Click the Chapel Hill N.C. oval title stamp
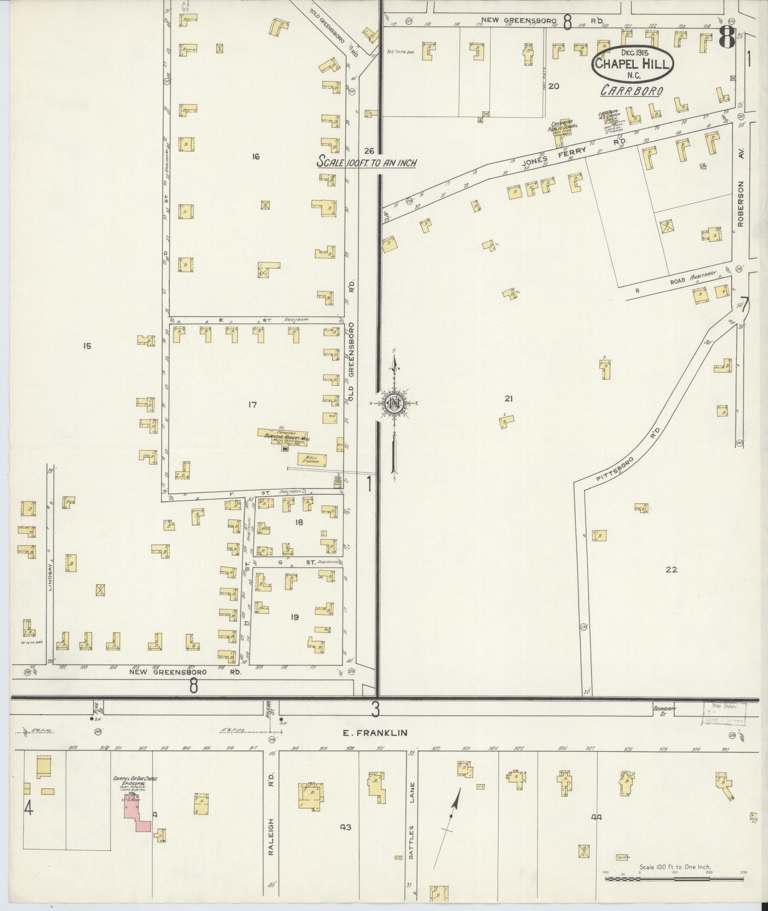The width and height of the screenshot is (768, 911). tap(633, 63)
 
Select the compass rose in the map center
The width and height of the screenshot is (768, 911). tap(394, 404)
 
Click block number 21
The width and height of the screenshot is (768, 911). tap(508, 399)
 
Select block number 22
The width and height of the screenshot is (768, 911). tap(671, 569)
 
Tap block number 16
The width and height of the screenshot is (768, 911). tap(256, 157)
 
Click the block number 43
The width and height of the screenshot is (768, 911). tap(345, 827)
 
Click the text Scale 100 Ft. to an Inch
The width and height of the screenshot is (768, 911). tap(367, 163)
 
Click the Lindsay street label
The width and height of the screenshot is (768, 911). tap(50, 576)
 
